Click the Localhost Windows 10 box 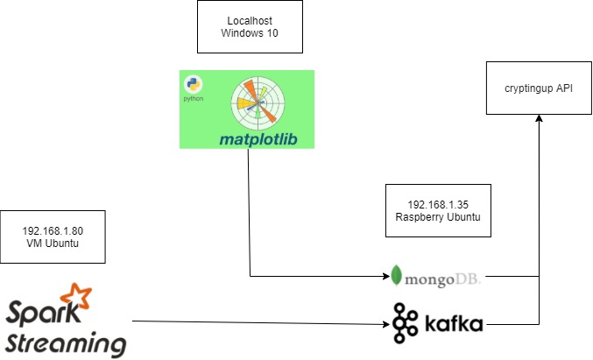pyautogui.click(x=250, y=26)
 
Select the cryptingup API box pyautogui.click(x=539, y=88)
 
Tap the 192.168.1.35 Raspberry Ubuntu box pyautogui.click(x=438, y=209)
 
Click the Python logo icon pyautogui.click(x=193, y=86)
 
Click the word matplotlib pyautogui.click(x=265, y=138)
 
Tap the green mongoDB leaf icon pyautogui.click(x=397, y=276)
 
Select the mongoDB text pyautogui.click(x=442, y=278)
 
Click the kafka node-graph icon pyautogui.click(x=406, y=322)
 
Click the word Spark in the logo pyautogui.click(x=39, y=313)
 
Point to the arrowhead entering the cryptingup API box pyautogui.click(x=539, y=120)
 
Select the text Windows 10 pyautogui.click(x=250, y=33)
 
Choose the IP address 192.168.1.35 pyautogui.click(x=438, y=203)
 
